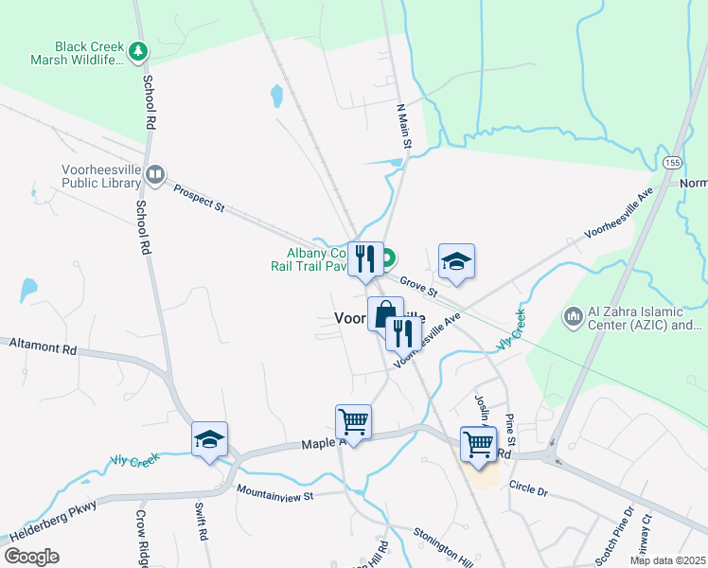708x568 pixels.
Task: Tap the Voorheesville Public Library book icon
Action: pos(155,174)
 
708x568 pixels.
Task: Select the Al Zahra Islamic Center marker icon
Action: pos(574,315)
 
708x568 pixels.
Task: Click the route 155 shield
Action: pos(671,163)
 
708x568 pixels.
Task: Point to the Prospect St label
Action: pos(199,198)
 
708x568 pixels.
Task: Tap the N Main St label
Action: pos(404,126)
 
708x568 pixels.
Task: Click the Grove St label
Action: pos(416,283)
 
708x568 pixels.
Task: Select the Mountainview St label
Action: pos(274,492)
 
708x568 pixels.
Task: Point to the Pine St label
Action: pos(510,430)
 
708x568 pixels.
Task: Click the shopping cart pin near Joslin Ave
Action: pos(478,444)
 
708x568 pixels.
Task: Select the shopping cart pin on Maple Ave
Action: pos(353,421)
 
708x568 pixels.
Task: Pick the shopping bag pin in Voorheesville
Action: pos(385,313)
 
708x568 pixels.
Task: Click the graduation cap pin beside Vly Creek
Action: pos(209,439)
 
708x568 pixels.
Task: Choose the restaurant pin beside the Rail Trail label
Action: pos(364,258)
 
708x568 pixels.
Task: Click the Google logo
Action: pos(32,557)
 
